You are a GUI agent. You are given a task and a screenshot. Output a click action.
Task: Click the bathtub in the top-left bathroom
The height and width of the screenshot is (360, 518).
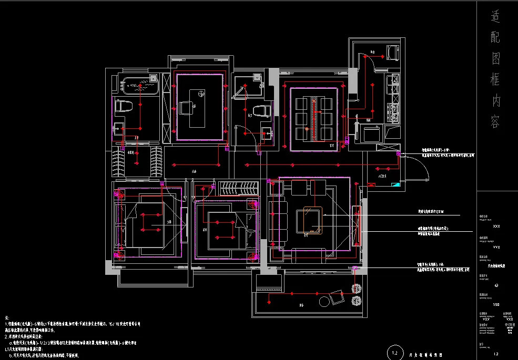[x=139, y=86]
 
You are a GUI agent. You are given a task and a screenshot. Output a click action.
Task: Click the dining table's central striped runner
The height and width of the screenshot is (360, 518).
[x=314, y=119]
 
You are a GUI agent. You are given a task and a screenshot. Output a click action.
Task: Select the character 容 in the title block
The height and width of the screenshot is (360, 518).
[x=496, y=123]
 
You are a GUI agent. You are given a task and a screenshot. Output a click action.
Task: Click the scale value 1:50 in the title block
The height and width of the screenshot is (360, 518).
[x=496, y=304]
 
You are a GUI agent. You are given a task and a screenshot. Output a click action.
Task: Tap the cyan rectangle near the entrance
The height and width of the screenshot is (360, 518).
[x=395, y=184]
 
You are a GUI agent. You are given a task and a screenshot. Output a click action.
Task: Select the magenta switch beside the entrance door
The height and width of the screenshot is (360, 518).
[x=398, y=154]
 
